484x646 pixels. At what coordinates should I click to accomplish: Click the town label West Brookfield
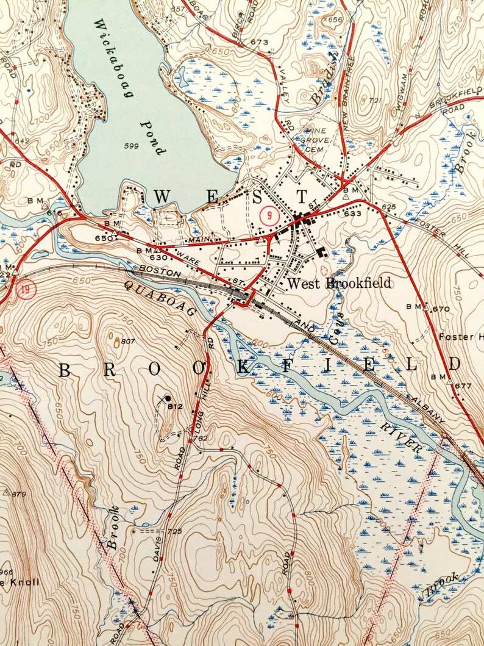[x=338, y=284]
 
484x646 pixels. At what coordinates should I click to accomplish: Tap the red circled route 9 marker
[x=267, y=215]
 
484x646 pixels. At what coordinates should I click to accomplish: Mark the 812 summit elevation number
[x=176, y=407]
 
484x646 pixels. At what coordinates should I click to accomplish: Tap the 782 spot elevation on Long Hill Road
[x=201, y=438]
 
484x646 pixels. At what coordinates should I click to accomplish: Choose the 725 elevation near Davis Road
[x=174, y=532]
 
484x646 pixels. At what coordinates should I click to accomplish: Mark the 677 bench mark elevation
[x=463, y=386]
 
